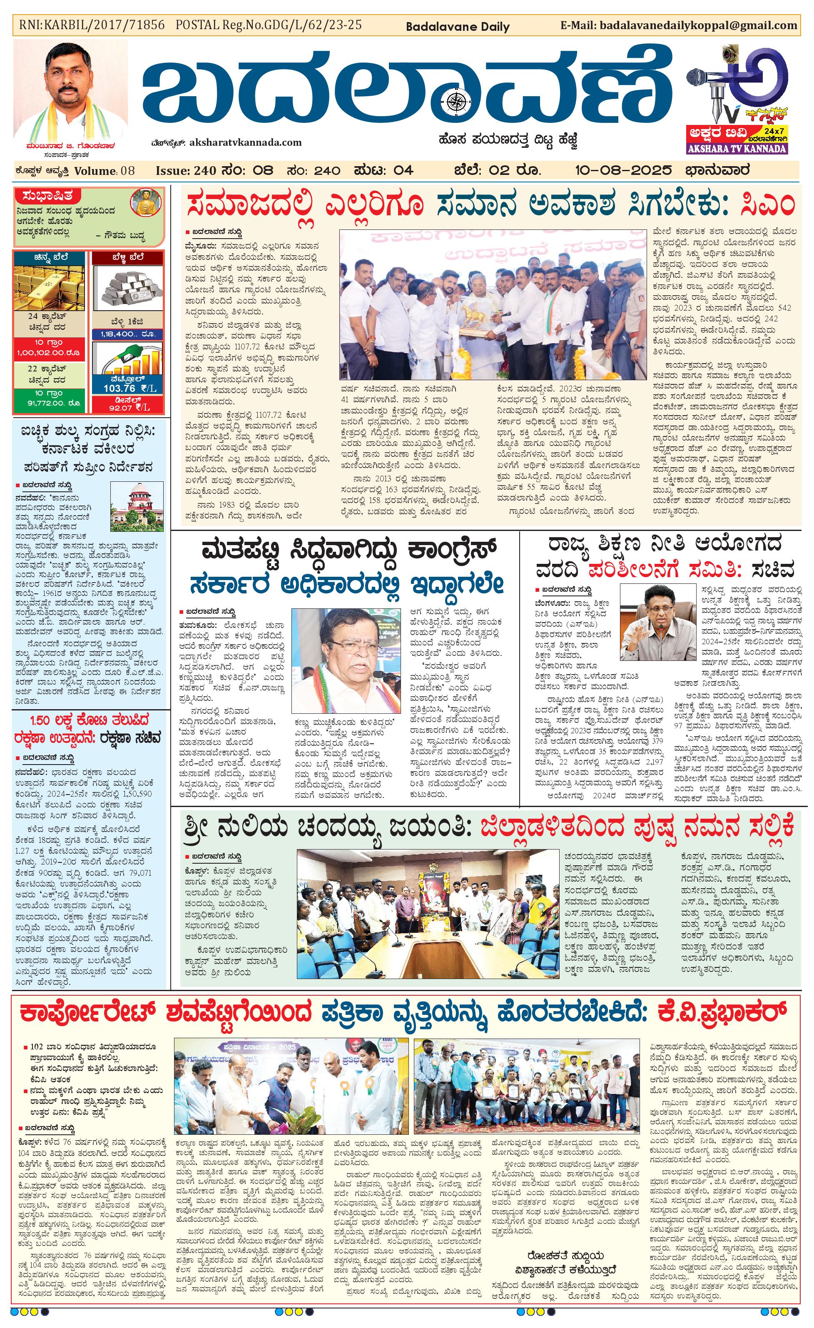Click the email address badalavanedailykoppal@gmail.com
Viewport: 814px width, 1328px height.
698,25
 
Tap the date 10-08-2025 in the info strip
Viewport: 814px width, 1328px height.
623,170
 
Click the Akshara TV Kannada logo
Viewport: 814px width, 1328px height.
737,100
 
